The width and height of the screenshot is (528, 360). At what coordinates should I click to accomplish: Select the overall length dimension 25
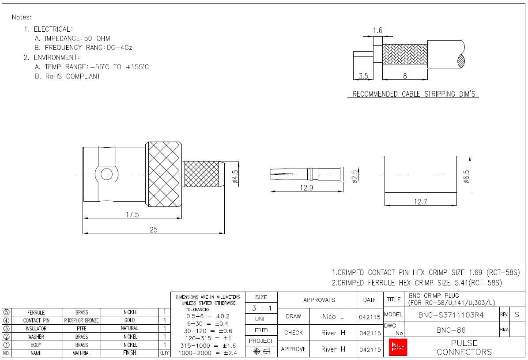point(153,229)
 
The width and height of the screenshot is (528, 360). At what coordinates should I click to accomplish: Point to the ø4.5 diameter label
point(235,176)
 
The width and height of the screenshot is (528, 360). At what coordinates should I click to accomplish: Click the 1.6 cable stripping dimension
point(377,30)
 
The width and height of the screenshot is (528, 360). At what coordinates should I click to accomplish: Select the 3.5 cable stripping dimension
point(363,76)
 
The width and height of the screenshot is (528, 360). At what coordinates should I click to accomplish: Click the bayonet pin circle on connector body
point(106,174)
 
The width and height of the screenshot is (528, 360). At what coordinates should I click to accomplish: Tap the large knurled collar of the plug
point(164,174)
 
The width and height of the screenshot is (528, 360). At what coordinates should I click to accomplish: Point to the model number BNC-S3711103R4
point(451,315)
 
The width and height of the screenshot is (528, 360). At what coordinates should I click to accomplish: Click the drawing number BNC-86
point(451,330)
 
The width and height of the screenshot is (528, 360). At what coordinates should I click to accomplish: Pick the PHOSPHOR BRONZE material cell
point(82,320)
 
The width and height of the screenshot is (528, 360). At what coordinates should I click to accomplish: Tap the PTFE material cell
point(82,328)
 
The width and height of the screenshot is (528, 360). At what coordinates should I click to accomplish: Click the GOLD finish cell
point(130,320)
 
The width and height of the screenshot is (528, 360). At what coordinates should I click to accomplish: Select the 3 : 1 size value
point(261,308)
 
